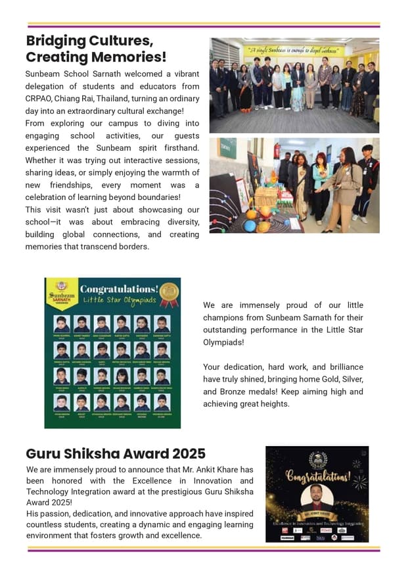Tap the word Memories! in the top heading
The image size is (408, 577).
(x=128, y=57)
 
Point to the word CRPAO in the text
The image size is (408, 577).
(x=41, y=99)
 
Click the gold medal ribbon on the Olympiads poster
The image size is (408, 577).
(x=169, y=293)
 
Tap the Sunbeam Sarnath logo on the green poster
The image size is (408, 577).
(x=61, y=291)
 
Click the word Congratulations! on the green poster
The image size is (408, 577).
(x=118, y=288)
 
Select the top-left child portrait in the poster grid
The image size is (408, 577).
(x=62, y=324)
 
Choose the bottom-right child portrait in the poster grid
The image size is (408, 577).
(x=162, y=402)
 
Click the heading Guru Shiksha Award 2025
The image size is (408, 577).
(x=116, y=454)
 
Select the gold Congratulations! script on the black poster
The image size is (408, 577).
(x=317, y=475)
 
